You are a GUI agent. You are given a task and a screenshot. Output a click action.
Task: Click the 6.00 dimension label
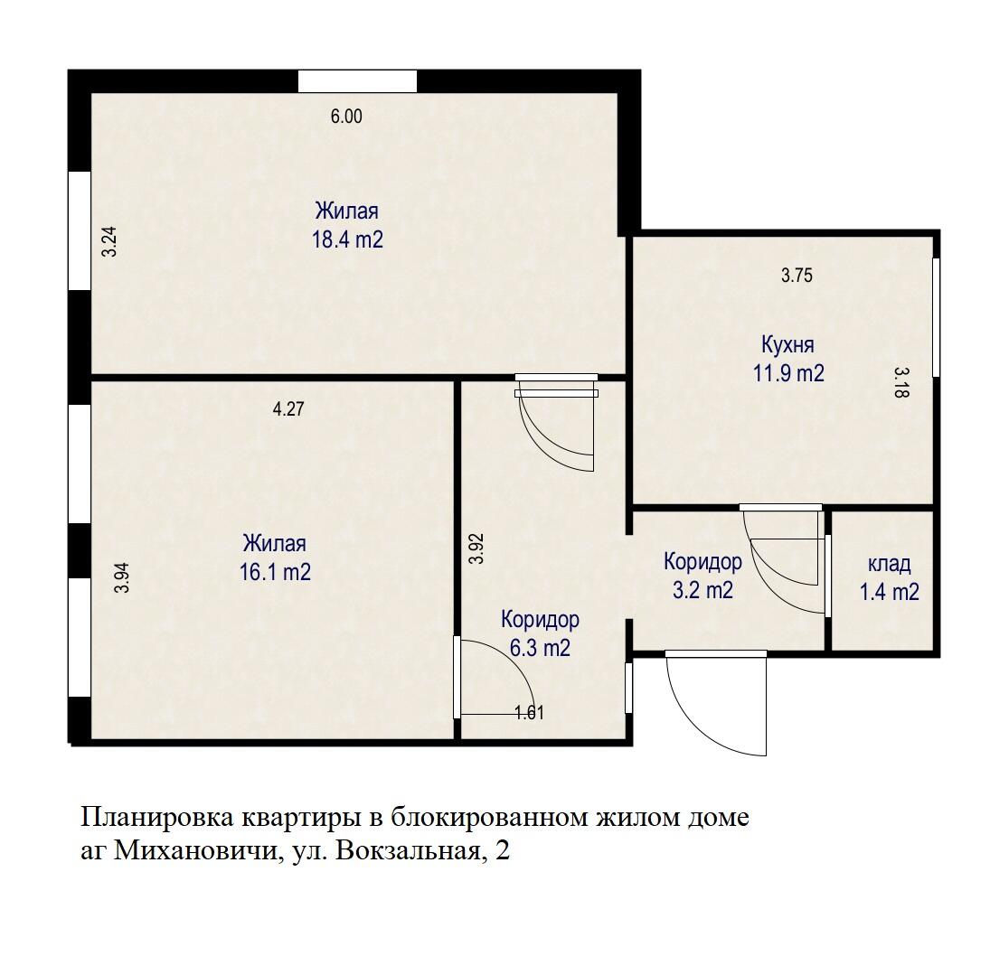346,117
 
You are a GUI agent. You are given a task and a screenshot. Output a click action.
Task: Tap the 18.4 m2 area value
347,240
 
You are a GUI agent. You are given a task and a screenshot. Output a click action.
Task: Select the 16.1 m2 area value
275,572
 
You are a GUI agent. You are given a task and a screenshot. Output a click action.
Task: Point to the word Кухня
787,344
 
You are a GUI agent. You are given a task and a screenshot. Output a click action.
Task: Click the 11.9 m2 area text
788,373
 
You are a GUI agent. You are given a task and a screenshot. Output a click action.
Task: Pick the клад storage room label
889,565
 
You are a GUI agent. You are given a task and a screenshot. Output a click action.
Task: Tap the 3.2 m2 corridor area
702,591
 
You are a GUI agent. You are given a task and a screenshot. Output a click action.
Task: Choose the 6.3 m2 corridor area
540,648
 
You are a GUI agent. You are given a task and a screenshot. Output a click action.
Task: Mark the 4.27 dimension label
288,408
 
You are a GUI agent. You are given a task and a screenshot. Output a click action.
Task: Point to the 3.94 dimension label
123,577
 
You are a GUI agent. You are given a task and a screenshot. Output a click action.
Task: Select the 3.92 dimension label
476,548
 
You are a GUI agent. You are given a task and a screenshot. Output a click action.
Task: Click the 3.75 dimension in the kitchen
797,277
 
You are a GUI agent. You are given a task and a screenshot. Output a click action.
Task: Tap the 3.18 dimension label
900,381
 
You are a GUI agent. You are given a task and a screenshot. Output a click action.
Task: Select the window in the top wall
357,81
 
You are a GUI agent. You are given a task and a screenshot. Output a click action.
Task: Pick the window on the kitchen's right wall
936,316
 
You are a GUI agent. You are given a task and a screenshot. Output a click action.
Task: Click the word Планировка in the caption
158,818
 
